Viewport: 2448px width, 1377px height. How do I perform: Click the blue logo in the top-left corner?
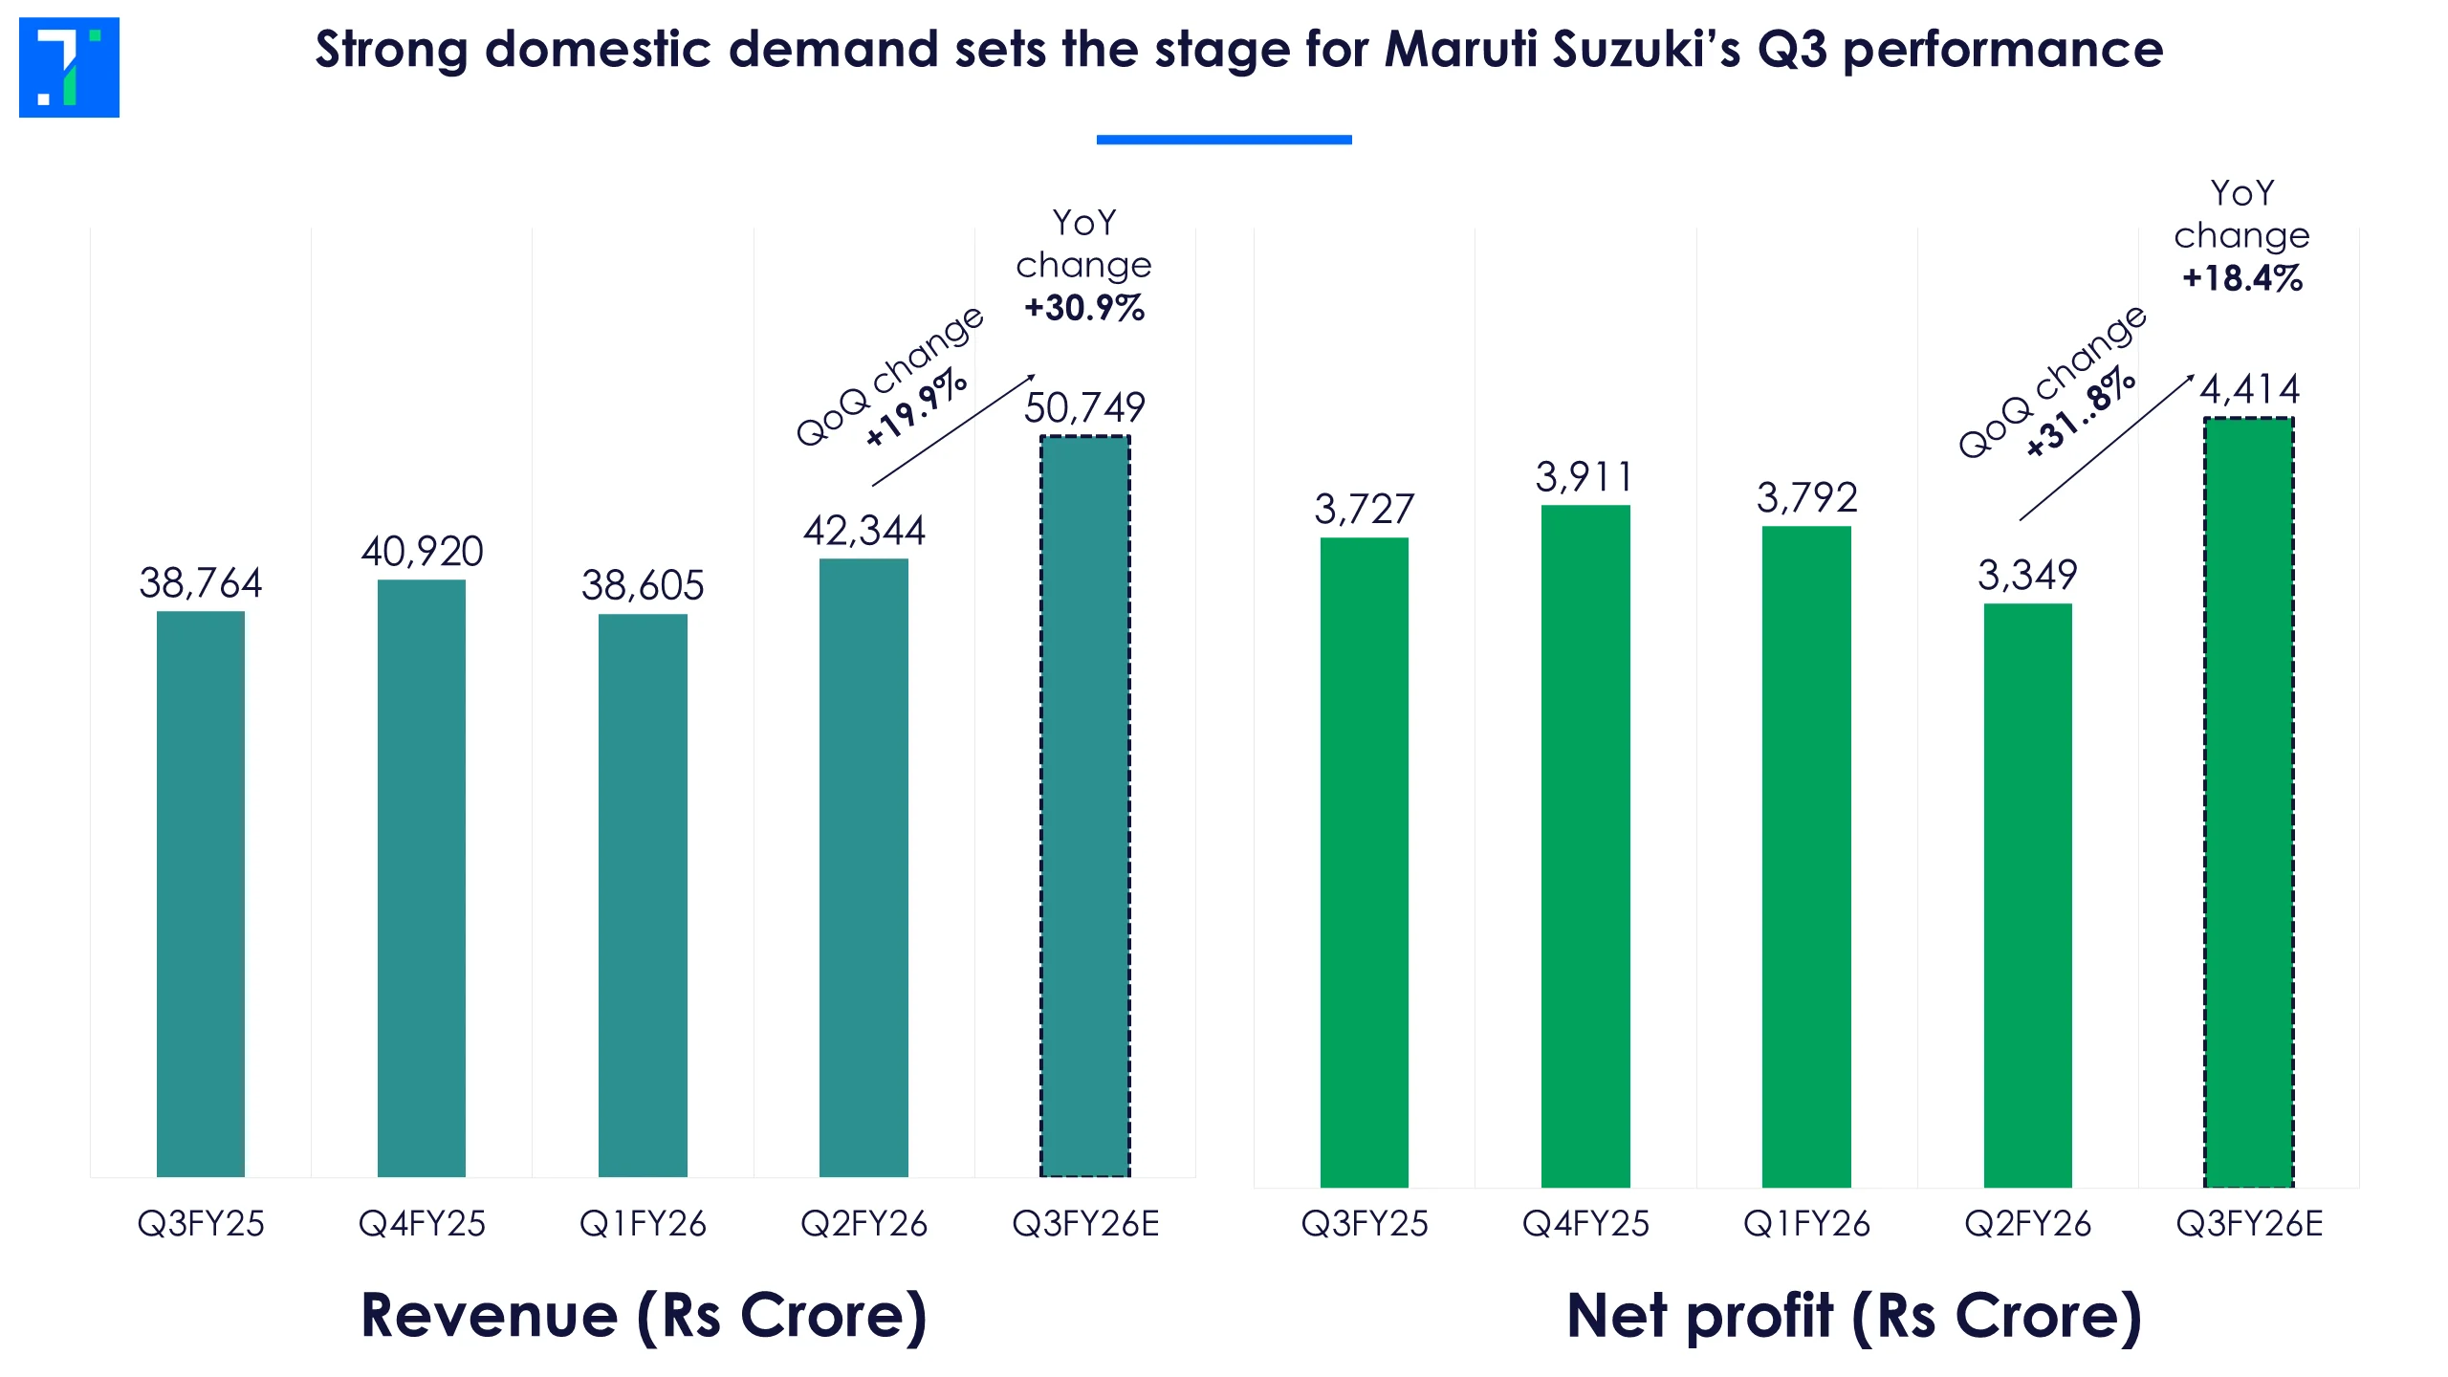[x=69, y=67]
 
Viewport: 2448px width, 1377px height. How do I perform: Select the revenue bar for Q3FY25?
[x=201, y=893]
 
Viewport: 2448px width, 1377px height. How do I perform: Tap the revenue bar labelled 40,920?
[x=422, y=878]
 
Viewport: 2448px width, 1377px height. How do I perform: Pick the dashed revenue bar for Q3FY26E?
[x=1085, y=805]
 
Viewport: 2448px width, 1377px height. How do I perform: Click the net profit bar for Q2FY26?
[x=2027, y=895]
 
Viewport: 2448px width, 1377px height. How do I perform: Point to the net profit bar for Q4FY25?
[x=1585, y=845]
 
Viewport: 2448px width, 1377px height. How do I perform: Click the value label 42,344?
[x=864, y=531]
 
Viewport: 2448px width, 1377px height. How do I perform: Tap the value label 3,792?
[x=1806, y=497]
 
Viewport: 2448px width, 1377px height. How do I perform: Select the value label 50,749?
[x=1084, y=408]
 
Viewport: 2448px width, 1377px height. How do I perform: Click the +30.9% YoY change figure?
[x=1084, y=308]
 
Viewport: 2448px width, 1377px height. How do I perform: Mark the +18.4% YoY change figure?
[x=2242, y=278]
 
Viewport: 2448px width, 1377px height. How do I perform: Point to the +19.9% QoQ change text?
[x=916, y=407]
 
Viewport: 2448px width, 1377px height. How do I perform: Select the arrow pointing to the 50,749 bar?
[x=953, y=430]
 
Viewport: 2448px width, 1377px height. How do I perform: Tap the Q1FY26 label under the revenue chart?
[x=643, y=1224]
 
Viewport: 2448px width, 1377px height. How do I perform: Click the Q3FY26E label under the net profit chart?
[x=2249, y=1224]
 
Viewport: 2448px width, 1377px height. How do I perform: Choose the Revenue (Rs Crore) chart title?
[x=644, y=1316]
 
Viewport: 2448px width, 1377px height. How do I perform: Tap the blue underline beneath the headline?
[x=1224, y=140]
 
